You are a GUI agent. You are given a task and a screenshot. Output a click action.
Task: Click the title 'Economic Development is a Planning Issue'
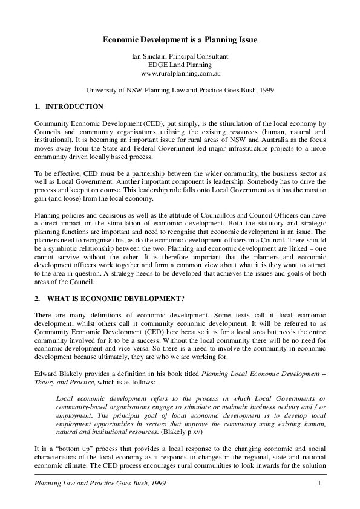click(180, 40)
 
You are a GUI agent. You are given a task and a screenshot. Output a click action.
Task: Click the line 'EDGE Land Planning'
click(180, 65)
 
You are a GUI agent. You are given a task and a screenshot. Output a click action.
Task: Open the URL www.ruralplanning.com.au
click(180, 73)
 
